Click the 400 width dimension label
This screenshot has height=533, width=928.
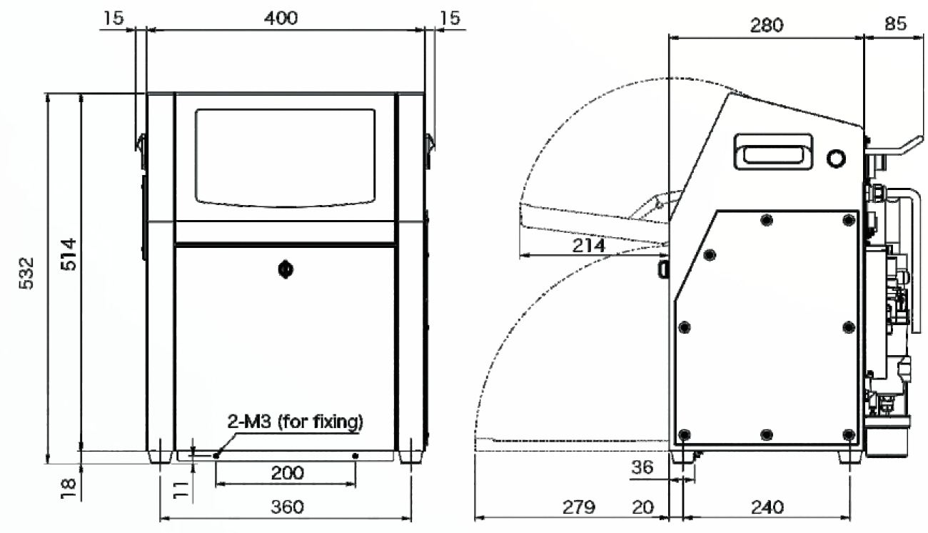[x=281, y=19]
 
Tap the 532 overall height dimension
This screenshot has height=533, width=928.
[x=27, y=274]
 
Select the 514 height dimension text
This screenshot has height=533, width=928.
[x=69, y=254]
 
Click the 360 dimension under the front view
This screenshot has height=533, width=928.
[x=287, y=507]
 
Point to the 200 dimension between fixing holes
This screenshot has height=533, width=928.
[x=287, y=473]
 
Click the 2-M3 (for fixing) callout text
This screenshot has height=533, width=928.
[x=295, y=422]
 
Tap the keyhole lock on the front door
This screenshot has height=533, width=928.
[x=286, y=269]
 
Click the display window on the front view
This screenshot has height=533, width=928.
[x=286, y=158]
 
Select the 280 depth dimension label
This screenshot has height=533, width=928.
[x=767, y=26]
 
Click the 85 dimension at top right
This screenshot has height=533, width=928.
[x=895, y=24]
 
